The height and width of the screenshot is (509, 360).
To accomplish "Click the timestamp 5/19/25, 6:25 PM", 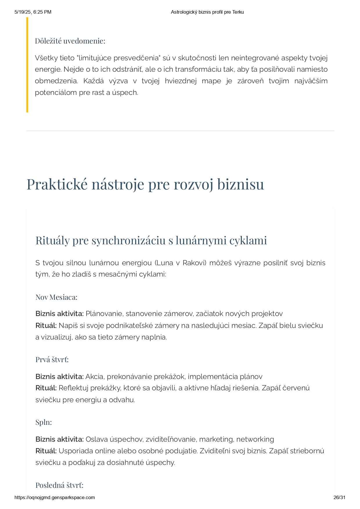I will point(33,12).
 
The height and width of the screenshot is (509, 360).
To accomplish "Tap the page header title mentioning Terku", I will point(207,12).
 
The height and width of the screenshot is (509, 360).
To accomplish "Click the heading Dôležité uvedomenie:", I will point(70,41).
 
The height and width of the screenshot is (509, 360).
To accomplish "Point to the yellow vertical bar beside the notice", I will point(27,65).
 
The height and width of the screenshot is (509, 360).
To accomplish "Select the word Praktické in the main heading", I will point(57,184).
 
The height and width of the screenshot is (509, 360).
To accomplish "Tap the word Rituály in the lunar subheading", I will point(52,240).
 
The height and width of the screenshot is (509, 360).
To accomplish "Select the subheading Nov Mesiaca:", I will point(56,297).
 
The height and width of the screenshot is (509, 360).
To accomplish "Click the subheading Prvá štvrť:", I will point(52,360).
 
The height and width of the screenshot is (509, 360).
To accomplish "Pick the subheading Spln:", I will point(44,422).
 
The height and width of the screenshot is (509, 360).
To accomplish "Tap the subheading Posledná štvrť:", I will point(59,485).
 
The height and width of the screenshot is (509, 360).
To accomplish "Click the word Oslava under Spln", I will point(96,439).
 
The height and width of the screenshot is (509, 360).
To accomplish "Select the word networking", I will point(255,439).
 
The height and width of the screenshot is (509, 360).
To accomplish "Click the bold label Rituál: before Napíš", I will point(46,325).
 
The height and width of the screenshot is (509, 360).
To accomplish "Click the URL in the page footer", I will point(55,497).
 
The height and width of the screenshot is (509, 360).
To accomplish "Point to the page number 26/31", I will point(339,497).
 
